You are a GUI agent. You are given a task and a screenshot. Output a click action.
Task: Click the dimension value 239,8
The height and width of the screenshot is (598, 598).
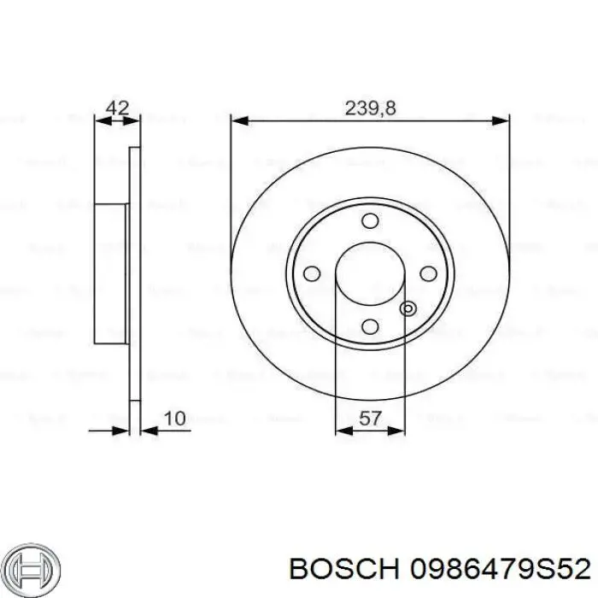click(x=370, y=108)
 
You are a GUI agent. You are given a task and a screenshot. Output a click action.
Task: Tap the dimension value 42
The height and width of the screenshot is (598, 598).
click(x=117, y=108)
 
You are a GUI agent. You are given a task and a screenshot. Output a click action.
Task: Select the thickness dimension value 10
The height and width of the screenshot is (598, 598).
click(x=174, y=419)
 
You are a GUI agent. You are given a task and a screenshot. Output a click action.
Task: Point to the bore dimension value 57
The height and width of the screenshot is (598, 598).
click(x=370, y=419)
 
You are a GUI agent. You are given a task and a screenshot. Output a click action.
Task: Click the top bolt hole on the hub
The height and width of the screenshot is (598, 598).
click(x=370, y=221)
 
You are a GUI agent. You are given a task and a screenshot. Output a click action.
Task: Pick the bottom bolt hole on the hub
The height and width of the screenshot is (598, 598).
click(x=370, y=325)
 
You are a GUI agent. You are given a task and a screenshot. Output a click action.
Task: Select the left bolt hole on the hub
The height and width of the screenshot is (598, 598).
click(x=313, y=273)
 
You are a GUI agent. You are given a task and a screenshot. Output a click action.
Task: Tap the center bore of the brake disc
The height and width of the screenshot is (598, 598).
click(x=370, y=273)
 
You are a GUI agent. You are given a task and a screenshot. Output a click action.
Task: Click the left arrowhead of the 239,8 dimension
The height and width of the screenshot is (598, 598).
click(x=240, y=120)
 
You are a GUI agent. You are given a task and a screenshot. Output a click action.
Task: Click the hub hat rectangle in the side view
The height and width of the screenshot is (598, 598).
click(x=111, y=273)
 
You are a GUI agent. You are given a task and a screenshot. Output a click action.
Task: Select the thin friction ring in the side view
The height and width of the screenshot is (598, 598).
click(x=133, y=273)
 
